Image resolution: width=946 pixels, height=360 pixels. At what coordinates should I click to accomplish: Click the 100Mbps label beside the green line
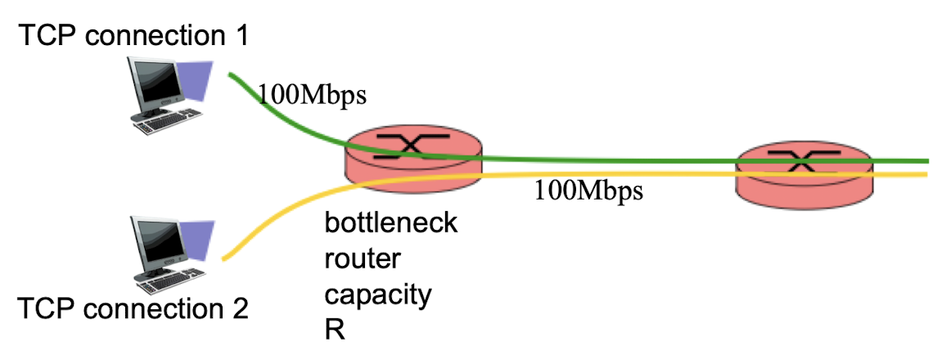click(313, 95)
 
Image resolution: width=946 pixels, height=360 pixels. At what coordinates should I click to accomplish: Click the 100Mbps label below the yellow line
click(589, 191)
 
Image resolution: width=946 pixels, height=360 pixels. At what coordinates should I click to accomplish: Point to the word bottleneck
click(391, 223)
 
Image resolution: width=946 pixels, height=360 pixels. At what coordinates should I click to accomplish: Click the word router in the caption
click(363, 260)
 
